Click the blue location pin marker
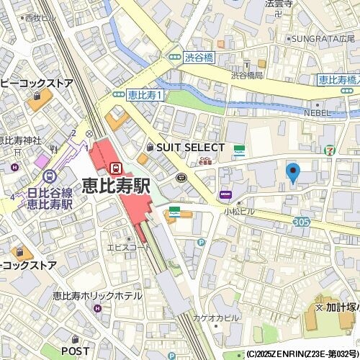[x=292, y=173]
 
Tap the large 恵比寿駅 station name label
[x=116, y=185]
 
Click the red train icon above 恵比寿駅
[x=114, y=167]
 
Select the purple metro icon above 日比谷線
[x=50, y=176]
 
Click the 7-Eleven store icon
[x=329, y=150]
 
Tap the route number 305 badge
[x=301, y=222]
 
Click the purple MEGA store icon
[x=225, y=194]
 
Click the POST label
[x=76, y=351]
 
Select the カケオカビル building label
[x=216, y=318]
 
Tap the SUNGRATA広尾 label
[x=324, y=37]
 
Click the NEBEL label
[x=316, y=113]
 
